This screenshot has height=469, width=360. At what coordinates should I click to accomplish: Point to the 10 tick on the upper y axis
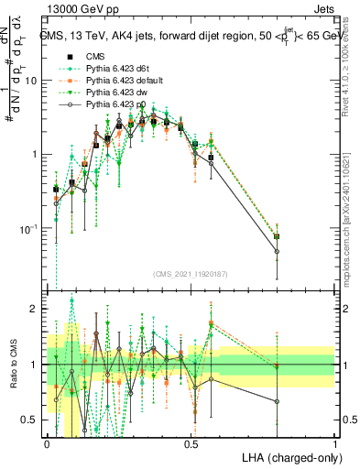(x=32, y=81)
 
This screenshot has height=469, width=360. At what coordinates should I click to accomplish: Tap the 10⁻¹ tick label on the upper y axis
(x=30, y=228)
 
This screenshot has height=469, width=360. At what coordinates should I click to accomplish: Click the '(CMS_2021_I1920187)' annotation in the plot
(x=191, y=273)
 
